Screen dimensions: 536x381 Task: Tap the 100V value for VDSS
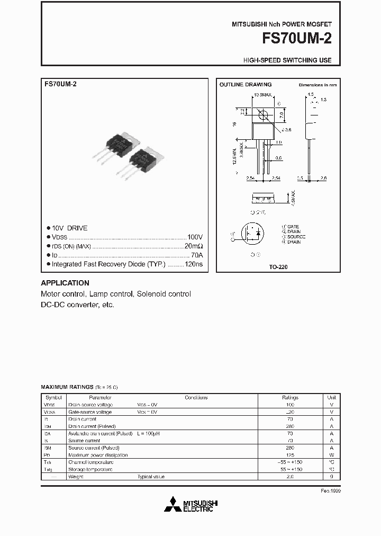pos(195,237)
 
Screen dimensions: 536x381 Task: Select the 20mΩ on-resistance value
pos(193,246)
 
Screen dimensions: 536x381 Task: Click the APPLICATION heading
pos(65,283)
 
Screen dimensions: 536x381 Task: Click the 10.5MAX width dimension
pos(262,95)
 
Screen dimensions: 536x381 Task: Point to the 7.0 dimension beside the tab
pos(282,114)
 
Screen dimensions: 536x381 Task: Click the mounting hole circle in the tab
pos(262,114)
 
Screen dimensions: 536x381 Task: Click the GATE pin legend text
pos(292,227)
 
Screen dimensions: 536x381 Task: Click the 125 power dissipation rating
pos(290,455)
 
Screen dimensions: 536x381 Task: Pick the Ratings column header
pos(290,397)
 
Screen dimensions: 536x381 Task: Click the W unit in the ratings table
pos(331,455)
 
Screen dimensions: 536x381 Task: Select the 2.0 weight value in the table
pos(290,477)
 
